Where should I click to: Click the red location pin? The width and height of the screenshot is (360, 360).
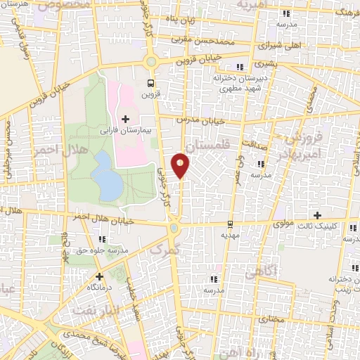pyautogui.click(x=181, y=165)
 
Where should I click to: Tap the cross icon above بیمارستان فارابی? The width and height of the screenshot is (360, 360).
pyautogui.click(x=126, y=119)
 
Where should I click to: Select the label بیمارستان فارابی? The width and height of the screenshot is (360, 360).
pyautogui.click(x=126, y=130)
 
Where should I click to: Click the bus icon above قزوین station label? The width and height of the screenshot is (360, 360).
pyautogui.click(x=150, y=82)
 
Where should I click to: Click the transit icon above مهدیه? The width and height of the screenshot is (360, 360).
pyautogui.click(x=231, y=225)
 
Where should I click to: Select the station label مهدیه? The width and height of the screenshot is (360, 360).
pyautogui.click(x=231, y=236)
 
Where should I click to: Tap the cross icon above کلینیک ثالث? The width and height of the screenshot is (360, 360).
pyautogui.click(x=318, y=215)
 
